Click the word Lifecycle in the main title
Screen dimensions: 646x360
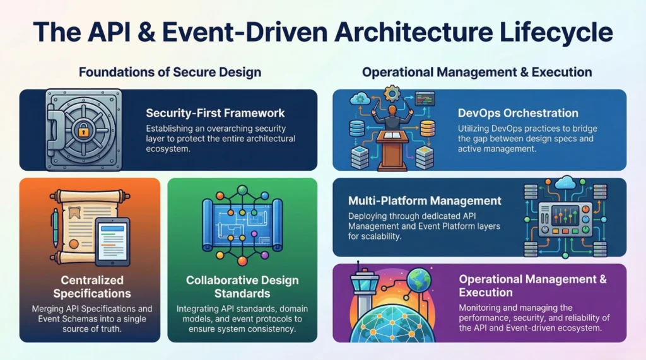[x=556, y=32]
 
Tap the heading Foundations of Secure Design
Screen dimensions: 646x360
[x=170, y=72]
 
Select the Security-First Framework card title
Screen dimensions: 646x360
[x=215, y=113]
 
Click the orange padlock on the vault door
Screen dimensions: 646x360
[x=83, y=131]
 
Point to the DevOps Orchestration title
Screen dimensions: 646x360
[x=518, y=113]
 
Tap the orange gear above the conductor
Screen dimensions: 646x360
[x=392, y=93]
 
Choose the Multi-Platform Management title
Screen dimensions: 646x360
[x=425, y=200]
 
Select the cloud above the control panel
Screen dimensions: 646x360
[x=565, y=182]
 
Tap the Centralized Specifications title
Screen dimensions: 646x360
[x=92, y=287]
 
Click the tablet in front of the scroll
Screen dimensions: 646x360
[x=112, y=241]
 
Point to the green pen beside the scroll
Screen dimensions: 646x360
[x=56, y=228]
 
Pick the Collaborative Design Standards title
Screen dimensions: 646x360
[x=242, y=287]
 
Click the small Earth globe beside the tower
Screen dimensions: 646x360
[x=419, y=281]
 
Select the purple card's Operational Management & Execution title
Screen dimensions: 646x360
[x=532, y=286]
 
